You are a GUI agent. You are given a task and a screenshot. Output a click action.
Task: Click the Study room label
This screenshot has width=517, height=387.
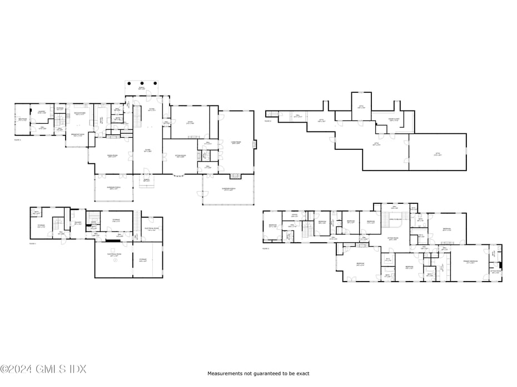pos(190,123)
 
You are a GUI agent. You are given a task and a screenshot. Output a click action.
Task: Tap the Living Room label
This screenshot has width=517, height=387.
pos(236,143)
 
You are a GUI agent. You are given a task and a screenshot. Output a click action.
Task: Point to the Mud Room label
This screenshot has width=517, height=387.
pos(22,119)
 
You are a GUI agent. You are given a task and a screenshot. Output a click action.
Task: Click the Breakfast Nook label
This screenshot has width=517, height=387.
pos(78,135)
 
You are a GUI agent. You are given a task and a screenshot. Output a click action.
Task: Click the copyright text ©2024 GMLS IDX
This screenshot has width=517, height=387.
pos(43,369)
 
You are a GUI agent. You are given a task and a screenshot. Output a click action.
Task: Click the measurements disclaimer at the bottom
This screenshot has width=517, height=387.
pos(258,374)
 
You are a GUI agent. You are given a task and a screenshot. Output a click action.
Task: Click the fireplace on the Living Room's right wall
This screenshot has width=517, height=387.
pos(254,144)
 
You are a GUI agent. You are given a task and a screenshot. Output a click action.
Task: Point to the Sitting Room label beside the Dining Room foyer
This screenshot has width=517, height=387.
pos(180,156)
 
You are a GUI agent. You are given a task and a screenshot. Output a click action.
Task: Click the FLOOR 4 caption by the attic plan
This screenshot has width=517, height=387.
pos(268,120)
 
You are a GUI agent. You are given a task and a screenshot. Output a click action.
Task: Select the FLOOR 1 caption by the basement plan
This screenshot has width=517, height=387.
pos(32,243)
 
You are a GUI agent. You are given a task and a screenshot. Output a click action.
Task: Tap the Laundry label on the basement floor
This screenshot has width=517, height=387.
pos(78,224)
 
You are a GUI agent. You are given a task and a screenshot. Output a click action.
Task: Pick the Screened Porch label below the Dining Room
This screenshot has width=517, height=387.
pos(115,188)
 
